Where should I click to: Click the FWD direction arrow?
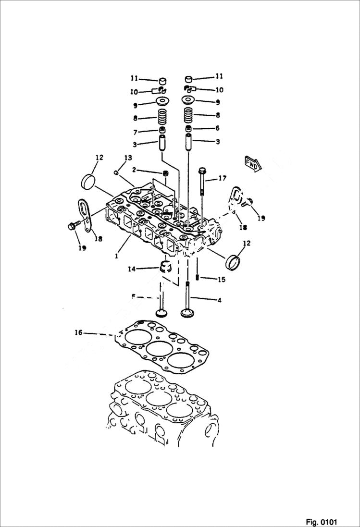pyautogui.click(x=253, y=164)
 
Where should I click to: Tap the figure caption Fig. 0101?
pyautogui.click(x=321, y=522)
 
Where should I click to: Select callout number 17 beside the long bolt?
pyautogui.click(x=223, y=178)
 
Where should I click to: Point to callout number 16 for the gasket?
pyautogui.click(x=79, y=332)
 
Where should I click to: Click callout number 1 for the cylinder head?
pyautogui.click(x=116, y=256)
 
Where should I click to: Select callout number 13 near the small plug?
pyautogui.click(x=128, y=158)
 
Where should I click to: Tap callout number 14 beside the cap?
pyautogui.click(x=131, y=269)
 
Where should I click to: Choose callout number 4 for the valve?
pyautogui.click(x=219, y=301)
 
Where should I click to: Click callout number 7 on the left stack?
pyautogui.click(x=135, y=132)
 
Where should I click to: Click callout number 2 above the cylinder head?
pyautogui.click(x=135, y=170)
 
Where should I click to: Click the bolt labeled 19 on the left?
pyautogui.click(x=73, y=225)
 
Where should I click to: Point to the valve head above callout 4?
pyautogui.click(x=187, y=313)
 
